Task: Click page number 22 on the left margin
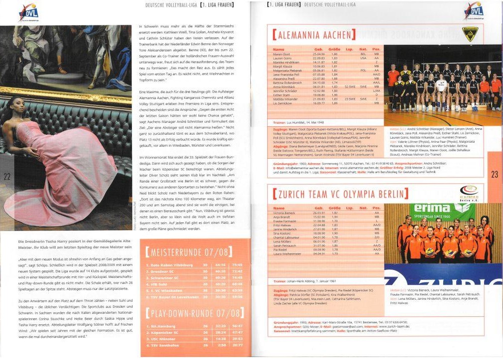coord(7,176)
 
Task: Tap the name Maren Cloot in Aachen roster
coord(282,53)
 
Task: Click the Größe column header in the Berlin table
coord(334,208)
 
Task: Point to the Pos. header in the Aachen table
coord(377,49)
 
